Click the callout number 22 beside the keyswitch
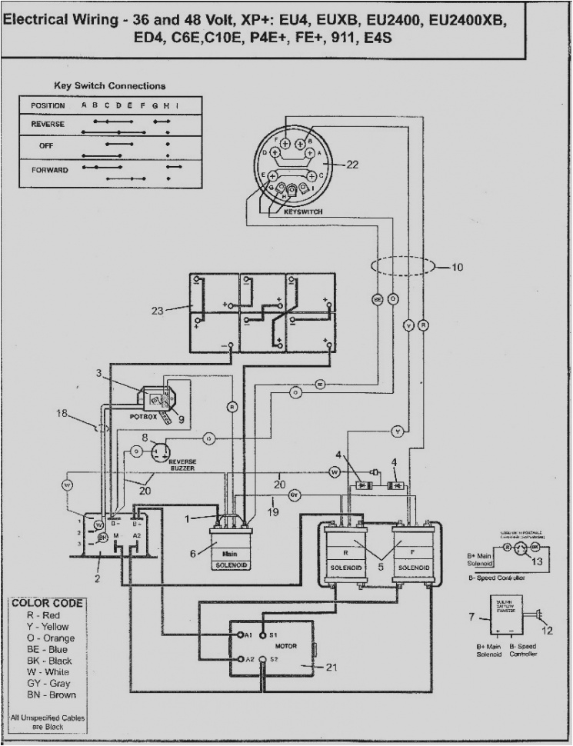click(x=352, y=164)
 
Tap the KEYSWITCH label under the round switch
click(x=302, y=211)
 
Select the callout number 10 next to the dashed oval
click(x=458, y=268)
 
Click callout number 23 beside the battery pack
click(x=158, y=311)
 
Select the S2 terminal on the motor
click(x=270, y=660)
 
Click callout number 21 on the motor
click(x=331, y=668)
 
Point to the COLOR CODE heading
click(x=47, y=603)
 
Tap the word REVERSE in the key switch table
click(x=48, y=124)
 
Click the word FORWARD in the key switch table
click(x=49, y=169)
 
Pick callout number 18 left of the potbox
click(x=62, y=414)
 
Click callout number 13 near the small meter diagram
click(x=537, y=561)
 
